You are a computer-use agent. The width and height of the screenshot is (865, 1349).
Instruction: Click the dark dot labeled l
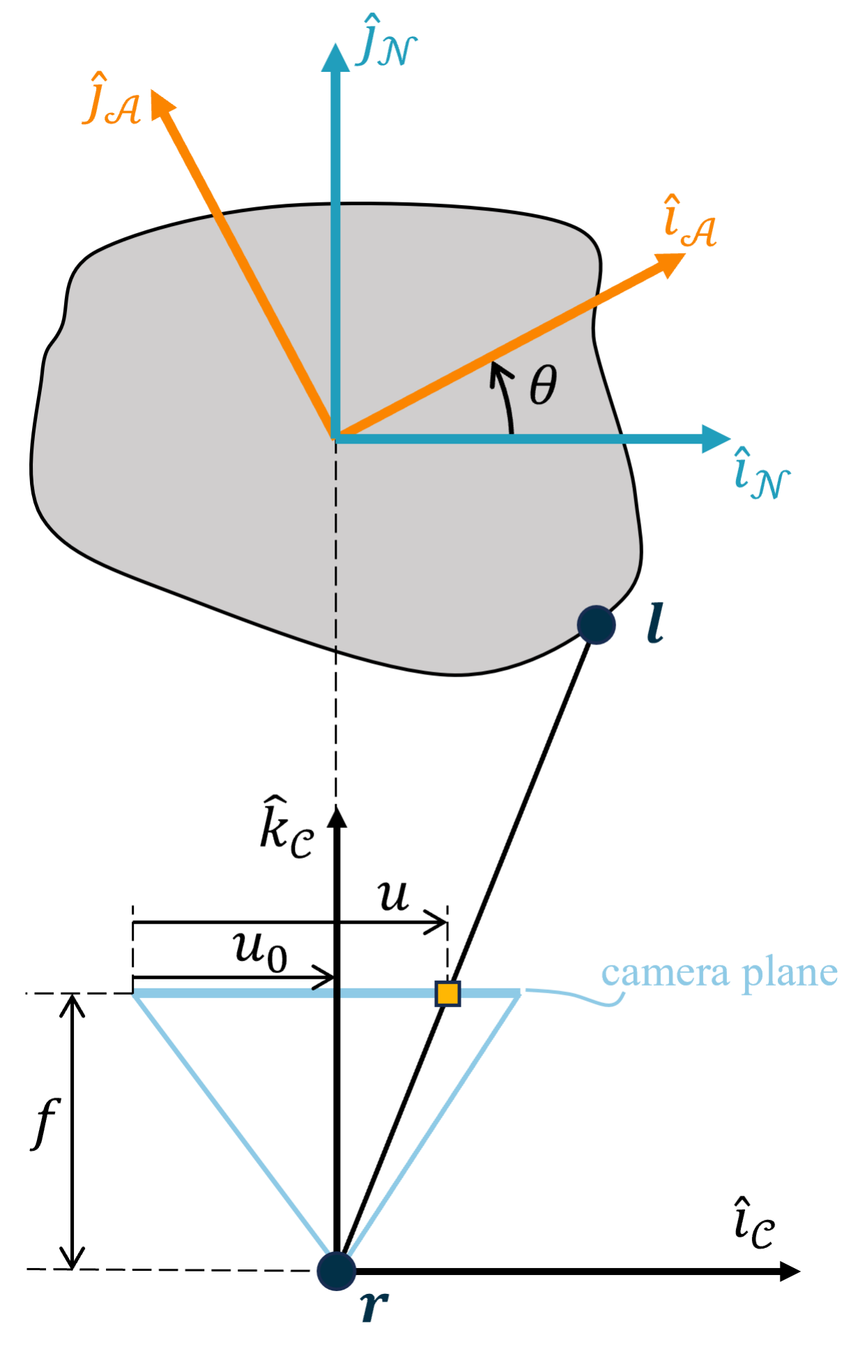(597, 624)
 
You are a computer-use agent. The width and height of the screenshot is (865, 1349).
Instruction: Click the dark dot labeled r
(336, 1270)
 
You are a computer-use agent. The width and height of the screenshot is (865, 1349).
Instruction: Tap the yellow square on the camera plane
(447, 993)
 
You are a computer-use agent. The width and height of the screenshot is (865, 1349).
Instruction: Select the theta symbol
(543, 385)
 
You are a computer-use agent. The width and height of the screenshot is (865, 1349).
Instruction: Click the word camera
(664, 972)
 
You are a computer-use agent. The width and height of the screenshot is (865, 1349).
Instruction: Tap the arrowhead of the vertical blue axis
(336, 58)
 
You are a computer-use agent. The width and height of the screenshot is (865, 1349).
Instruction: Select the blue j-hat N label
(385, 46)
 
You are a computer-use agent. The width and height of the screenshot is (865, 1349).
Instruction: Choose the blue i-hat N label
(761, 475)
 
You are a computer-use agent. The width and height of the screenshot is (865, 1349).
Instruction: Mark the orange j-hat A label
(112, 101)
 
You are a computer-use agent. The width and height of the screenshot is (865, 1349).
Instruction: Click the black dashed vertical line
(336, 544)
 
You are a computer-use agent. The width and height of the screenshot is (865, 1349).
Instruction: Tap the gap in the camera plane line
(337, 992)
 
